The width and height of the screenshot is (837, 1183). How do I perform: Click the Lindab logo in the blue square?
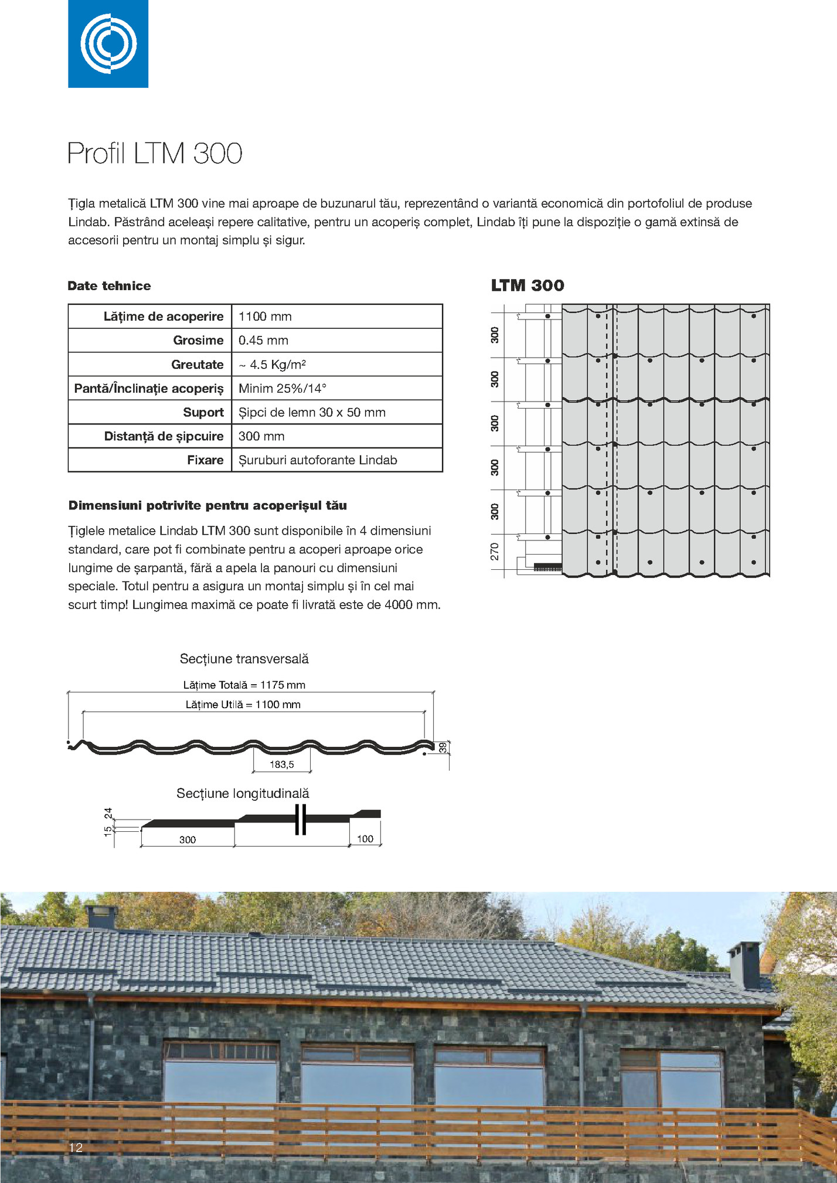click(x=108, y=43)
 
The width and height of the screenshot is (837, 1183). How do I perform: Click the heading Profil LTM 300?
click(x=155, y=154)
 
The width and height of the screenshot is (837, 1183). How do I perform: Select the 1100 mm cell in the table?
click(x=265, y=317)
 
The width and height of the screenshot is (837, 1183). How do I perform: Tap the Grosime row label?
click(x=198, y=341)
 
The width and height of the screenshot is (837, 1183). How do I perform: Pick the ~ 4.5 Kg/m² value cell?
click(x=272, y=365)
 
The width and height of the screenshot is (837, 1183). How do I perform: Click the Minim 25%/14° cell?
click(x=283, y=389)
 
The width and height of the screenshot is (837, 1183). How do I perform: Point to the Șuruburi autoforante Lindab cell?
click(x=318, y=460)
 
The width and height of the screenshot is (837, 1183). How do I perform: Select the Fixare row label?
click(x=205, y=460)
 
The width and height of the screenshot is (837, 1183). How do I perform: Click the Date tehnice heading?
click(x=110, y=286)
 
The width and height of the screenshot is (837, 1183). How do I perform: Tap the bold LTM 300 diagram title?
click(x=528, y=285)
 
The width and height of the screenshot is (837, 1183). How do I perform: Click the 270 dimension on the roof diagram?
click(x=495, y=552)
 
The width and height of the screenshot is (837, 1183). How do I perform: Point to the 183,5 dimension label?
click(x=281, y=764)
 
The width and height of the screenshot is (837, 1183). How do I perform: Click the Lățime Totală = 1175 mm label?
click(x=244, y=685)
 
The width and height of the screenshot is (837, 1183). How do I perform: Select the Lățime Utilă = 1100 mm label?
click(x=243, y=705)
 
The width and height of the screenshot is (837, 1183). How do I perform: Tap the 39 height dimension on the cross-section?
click(x=443, y=747)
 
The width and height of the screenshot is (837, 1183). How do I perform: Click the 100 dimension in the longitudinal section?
click(x=365, y=839)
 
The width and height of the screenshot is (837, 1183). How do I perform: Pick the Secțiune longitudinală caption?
click(x=243, y=793)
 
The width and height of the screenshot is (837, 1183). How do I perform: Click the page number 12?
click(x=76, y=1147)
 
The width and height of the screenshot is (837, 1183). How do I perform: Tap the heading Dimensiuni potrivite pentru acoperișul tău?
click(x=207, y=505)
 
